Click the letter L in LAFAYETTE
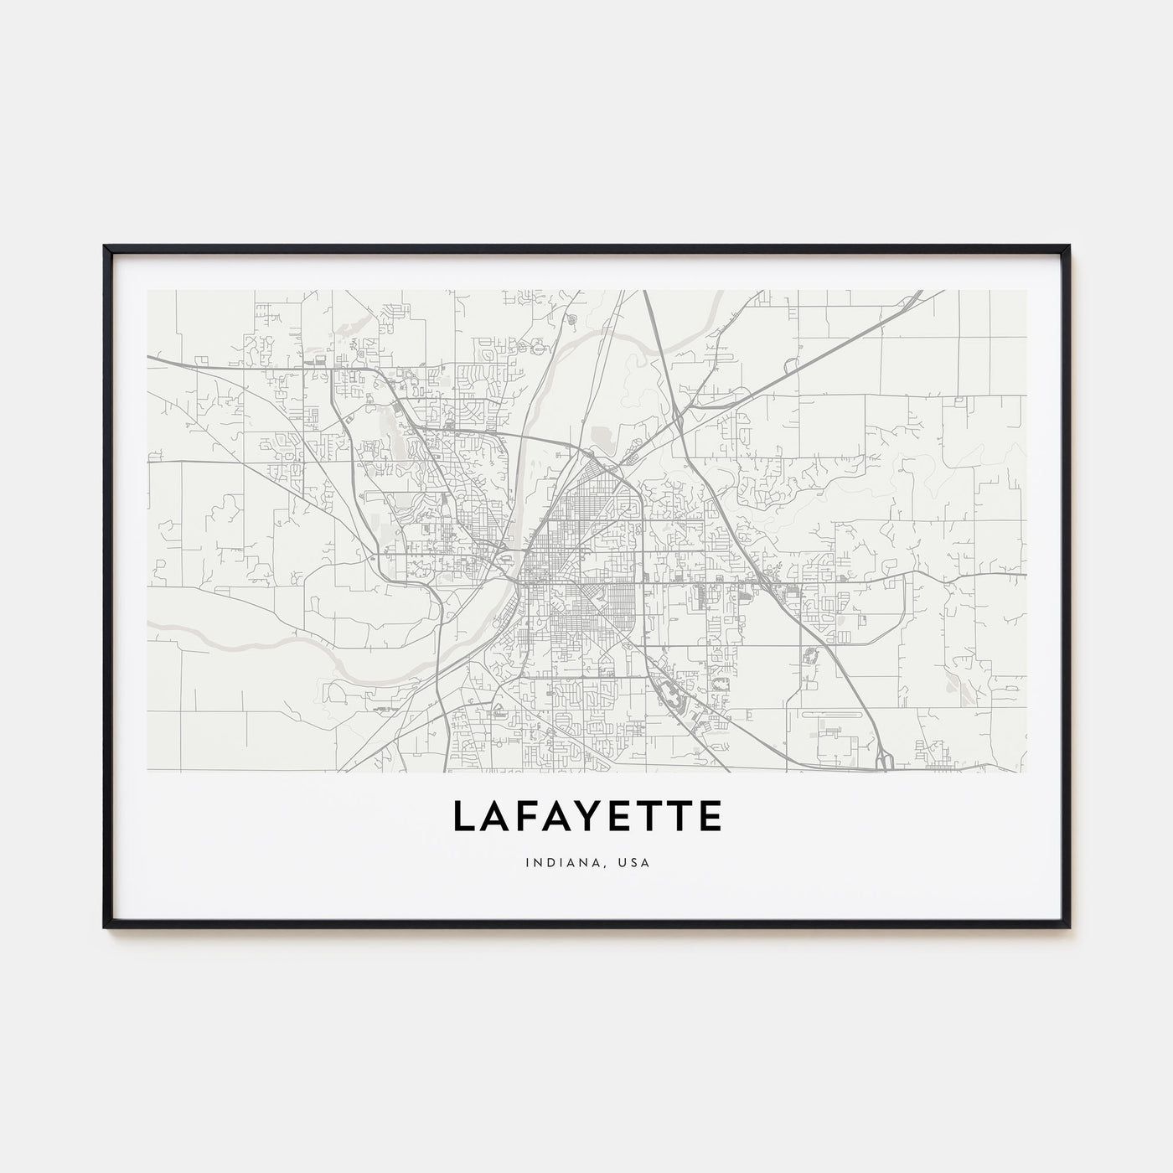(463, 816)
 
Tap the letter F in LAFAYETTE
(524, 816)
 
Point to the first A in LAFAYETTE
(493, 816)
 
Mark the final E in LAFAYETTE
(708, 816)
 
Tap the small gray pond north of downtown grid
(602, 435)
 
